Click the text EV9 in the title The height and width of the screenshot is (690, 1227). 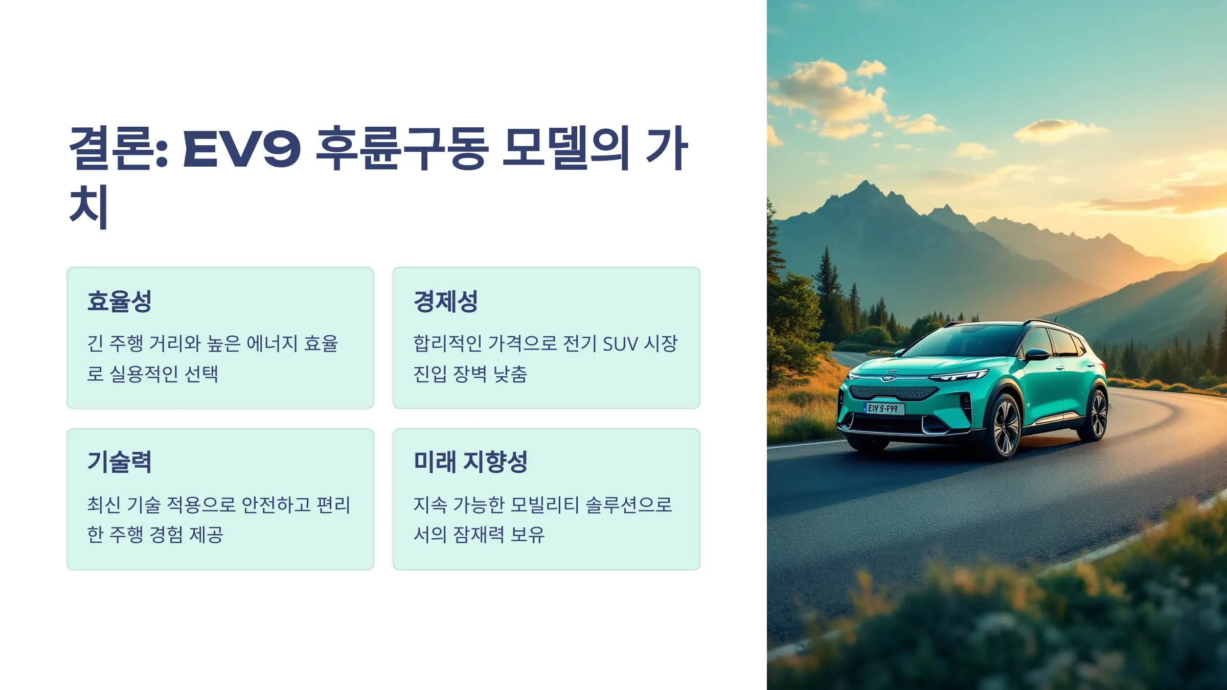pyautogui.click(x=241, y=149)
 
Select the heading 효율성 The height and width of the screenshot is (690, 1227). pyautogui.click(x=120, y=301)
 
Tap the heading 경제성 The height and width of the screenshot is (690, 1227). pyautogui.click(x=446, y=301)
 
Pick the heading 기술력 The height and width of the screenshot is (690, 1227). pyautogui.click(x=120, y=462)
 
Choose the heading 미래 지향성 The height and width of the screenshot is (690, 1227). pyautogui.click(x=470, y=462)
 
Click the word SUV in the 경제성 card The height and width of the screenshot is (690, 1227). pyautogui.click(x=621, y=344)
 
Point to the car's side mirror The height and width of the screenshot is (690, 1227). pyautogui.click(x=1037, y=354)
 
